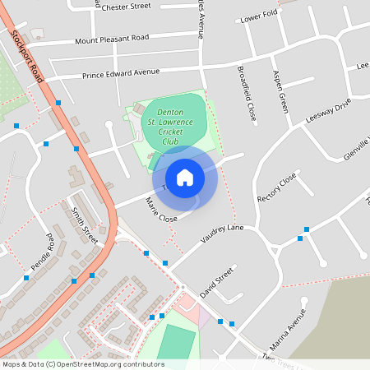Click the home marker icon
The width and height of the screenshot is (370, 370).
coord(185,177)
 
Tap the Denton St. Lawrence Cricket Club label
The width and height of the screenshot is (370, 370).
coord(169,130)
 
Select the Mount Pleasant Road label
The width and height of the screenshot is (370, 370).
coord(112,39)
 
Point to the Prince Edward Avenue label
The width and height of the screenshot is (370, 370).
coord(121,73)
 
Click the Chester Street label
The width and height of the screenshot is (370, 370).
coord(124,6)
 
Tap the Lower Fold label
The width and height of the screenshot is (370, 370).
coord(257,16)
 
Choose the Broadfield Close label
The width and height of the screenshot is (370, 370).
coord(247,94)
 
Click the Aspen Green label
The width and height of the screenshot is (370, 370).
coord(280,91)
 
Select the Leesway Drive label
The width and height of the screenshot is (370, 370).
coord(328,111)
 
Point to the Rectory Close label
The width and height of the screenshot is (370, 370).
coord(276,188)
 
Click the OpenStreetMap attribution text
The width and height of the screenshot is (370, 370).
coord(83,363)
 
